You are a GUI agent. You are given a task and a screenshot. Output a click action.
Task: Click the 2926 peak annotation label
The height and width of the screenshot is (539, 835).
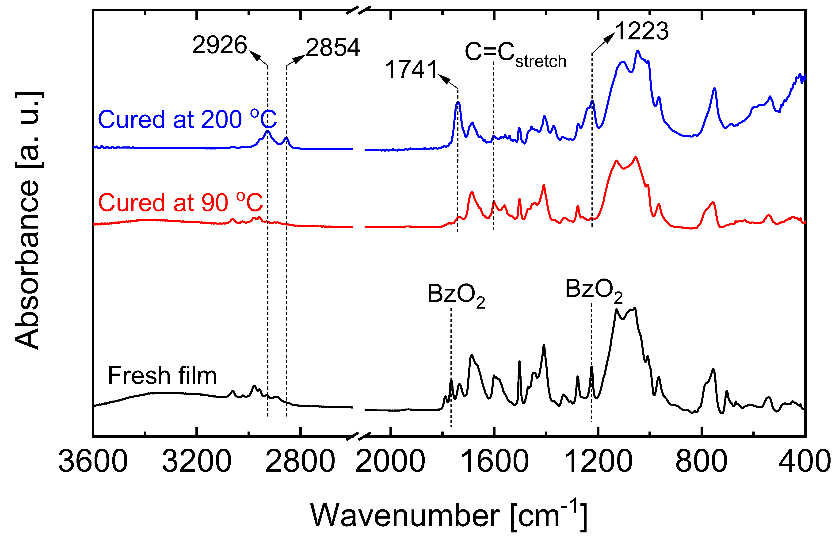coord(219,45)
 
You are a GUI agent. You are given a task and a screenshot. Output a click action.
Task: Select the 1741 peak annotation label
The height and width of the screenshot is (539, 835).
coord(411,69)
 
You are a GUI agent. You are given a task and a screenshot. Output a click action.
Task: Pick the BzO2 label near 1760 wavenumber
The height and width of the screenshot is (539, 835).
coord(456,295)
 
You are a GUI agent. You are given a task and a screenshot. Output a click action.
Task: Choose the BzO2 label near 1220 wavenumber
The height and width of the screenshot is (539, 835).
coord(594,290)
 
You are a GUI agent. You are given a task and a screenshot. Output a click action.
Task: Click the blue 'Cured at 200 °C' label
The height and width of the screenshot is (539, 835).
coord(187,119)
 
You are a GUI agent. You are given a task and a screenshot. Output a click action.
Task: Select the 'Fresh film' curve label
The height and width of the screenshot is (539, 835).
coord(162,375)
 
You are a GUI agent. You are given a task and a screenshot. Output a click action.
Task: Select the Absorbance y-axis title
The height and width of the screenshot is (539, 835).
coord(28,221)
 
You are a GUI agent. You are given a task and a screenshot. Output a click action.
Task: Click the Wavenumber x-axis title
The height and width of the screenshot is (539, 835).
coord(448,515)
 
